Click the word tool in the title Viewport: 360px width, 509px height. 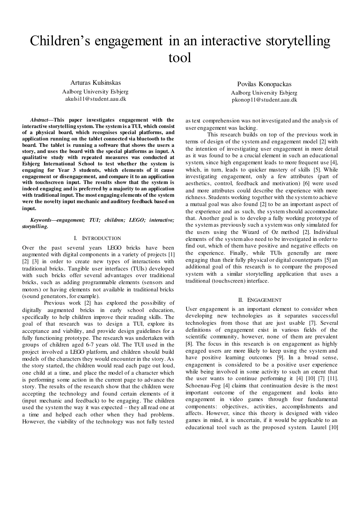(x=180, y=57)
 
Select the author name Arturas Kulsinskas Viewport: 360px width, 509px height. (x=95, y=83)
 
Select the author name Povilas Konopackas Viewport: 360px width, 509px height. (x=264, y=84)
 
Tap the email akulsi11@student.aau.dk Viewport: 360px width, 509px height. (x=95, y=99)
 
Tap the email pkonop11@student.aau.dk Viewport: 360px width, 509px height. (x=264, y=100)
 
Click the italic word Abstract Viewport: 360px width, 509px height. (x=39, y=120)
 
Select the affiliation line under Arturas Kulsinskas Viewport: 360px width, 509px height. (x=95, y=92)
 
